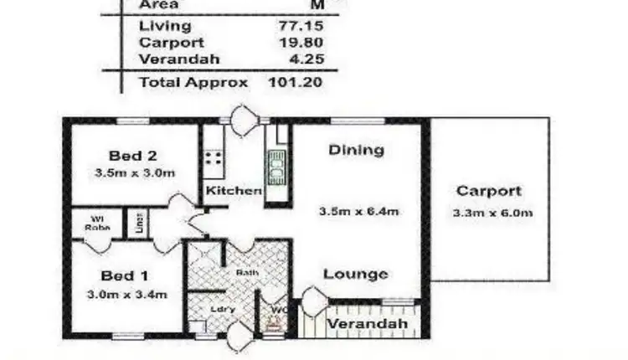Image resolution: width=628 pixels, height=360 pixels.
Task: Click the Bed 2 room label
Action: [x=134, y=156]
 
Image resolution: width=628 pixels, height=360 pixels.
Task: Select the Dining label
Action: [x=356, y=151]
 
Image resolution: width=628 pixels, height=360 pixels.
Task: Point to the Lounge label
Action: [x=356, y=274]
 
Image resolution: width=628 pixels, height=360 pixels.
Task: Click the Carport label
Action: [x=489, y=191]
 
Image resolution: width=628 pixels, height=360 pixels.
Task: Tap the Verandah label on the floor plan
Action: [x=367, y=324]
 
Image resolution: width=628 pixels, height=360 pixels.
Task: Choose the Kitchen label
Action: [x=234, y=191]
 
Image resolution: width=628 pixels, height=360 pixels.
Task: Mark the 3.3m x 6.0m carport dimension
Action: [x=492, y=213]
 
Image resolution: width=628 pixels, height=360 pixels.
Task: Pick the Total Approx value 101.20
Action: [x=296, y=82]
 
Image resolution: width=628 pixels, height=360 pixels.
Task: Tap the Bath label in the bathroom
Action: [x=246, y=272]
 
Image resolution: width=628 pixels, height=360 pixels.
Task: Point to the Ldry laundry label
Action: [x=222, y=309]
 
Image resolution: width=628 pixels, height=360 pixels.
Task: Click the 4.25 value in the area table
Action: [x=306, y=59]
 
